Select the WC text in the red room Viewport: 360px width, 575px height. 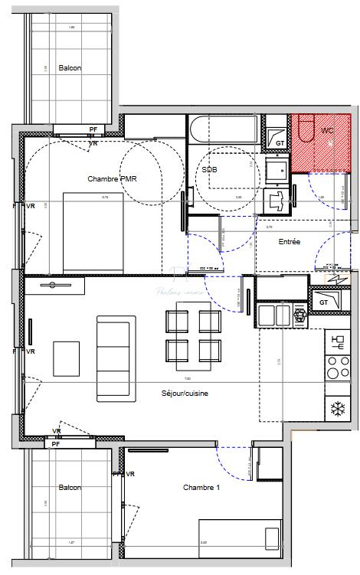pyautogui.click(x=326, y=131)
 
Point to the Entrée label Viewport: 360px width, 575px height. pyautogui.click(x=289, y=242)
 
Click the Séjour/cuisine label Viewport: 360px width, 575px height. pyautogui.click(x=185, y=394)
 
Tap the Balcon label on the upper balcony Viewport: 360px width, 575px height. pyautogui.click(x=70, y=67)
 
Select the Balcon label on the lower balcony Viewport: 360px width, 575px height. pyautogui.click(x=70, y=487)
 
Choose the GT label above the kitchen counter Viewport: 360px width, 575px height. pyautogui.click(x=324, y=302)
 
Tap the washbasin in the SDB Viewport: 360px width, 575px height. pyautogui.click(x=275, y=168)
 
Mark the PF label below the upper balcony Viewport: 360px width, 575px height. pyautogui.click(x=93, y=129)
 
